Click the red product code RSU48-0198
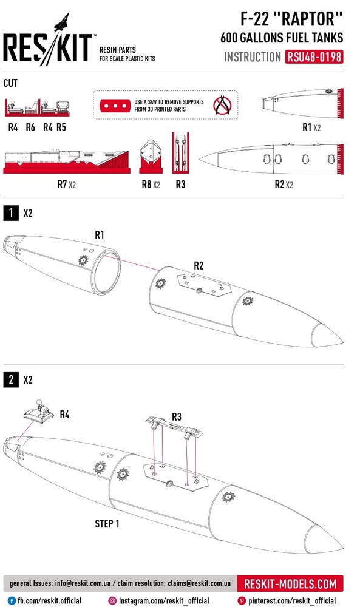[314, 57]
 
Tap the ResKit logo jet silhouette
[62, 22]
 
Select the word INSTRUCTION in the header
[253, 57]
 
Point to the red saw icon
[115, 106]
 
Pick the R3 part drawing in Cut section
[180, 152]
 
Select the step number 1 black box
[11, 213]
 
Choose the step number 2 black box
[11, 380]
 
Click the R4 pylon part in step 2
[38, 412]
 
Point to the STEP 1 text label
[107, 524]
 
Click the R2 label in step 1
[199, 266]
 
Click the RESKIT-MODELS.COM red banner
[290, 583]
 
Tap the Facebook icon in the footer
[12, 601]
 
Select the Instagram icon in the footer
[112, 601]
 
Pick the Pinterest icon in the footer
[242, 601]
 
